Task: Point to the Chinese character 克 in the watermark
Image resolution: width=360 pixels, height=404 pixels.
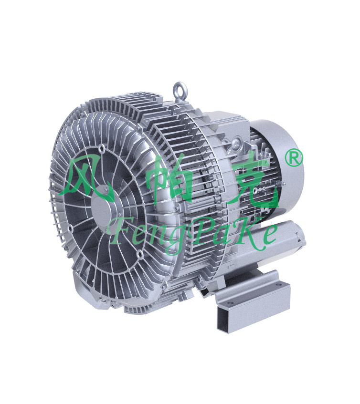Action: pyautogui.click(x=253, y=180)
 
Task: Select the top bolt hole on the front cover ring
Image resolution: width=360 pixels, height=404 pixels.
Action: pyautogui.click(x=102, y=148)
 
